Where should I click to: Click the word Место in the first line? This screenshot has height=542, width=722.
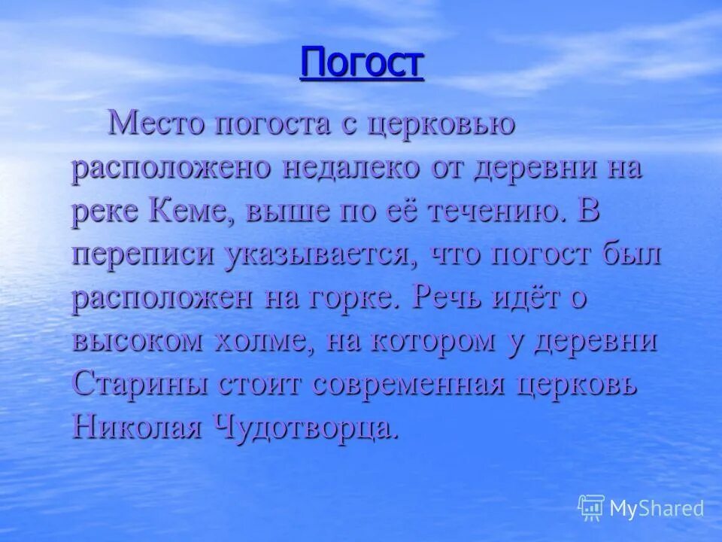click(153, 123)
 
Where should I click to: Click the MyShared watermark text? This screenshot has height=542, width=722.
click(656, 508)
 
